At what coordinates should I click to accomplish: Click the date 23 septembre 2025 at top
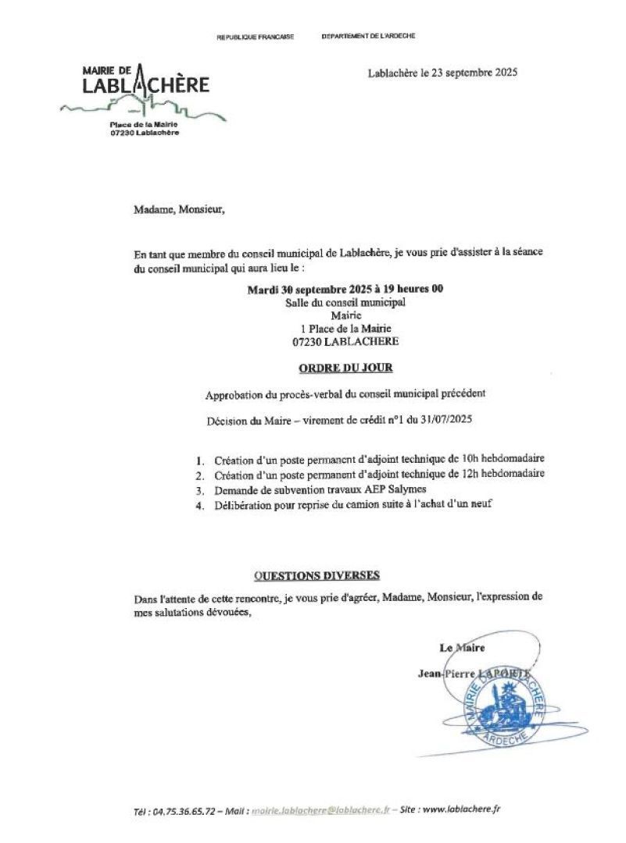pos(469,73)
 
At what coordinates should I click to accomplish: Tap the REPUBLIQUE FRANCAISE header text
pos(255,37)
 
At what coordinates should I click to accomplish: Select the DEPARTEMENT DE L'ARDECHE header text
pos(368,37)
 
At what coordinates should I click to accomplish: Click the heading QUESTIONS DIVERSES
pos(317,576)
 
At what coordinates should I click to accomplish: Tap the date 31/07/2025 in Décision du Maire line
pos(444,420)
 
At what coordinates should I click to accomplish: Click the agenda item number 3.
pos(200,490)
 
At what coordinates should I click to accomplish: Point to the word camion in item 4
pos(352,504)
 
